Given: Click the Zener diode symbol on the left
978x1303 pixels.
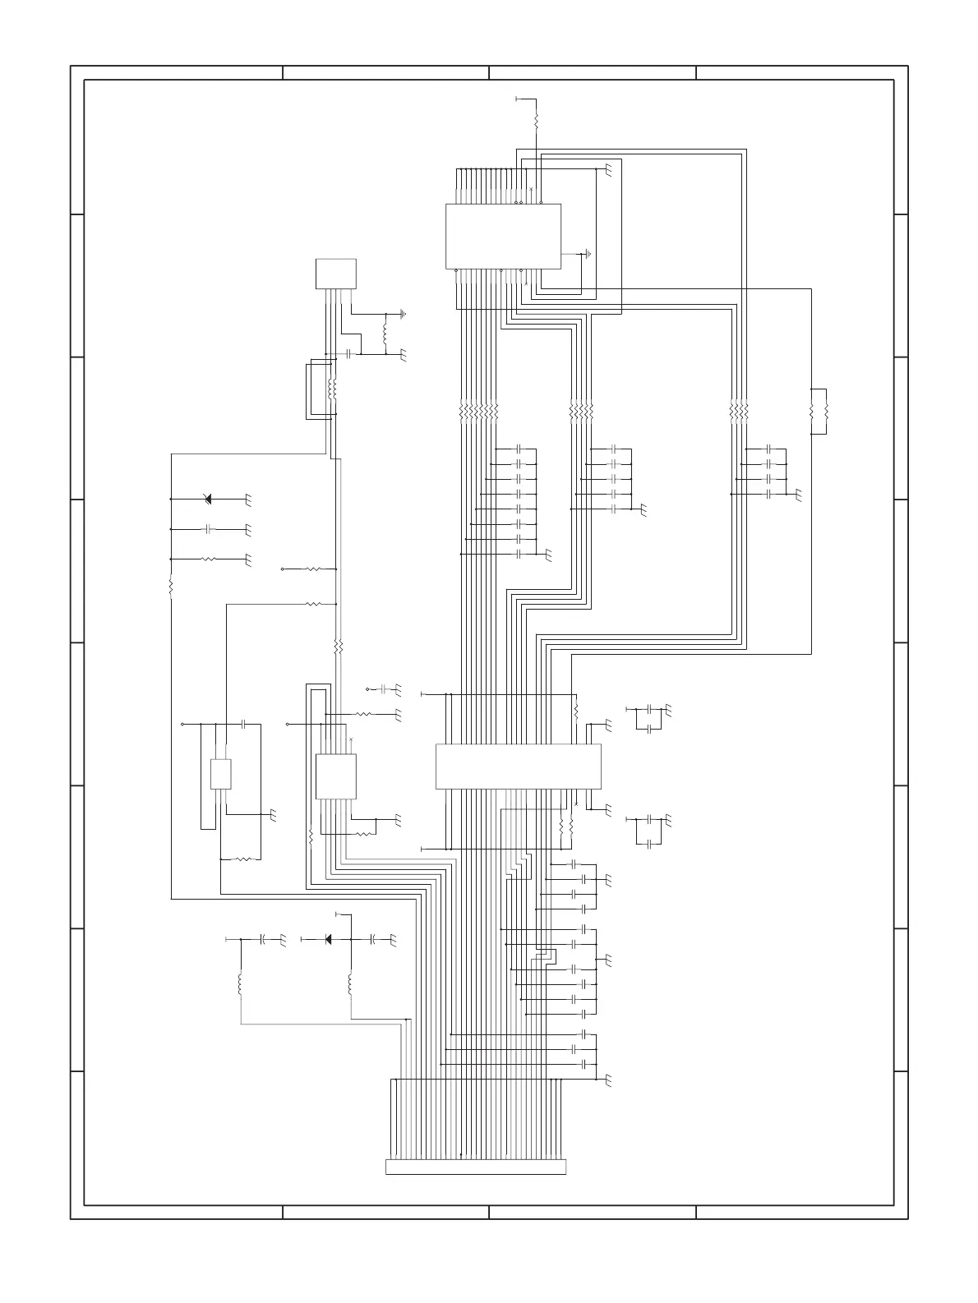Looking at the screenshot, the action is tap(207, 499).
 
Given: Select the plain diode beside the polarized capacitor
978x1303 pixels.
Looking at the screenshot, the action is tap(328, 938).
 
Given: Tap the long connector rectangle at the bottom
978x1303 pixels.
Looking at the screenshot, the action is tap(476, 1167).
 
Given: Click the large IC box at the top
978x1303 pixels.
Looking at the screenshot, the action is tap(503, 236).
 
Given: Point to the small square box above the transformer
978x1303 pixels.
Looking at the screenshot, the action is tap(336, 274).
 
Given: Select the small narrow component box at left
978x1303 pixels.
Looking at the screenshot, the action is tap(220, 775).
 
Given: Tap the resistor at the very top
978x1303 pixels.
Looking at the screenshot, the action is tap(536, 120).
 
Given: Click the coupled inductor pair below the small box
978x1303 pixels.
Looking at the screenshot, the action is tap(332, 388).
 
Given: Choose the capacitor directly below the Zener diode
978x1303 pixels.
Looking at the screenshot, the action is tap(209, 528).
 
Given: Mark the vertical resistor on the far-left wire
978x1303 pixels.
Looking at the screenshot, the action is tap(171, 587).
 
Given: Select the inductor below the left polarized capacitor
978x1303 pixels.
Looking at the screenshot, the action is tap(240, 983).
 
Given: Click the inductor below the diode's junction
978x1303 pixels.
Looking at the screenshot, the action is tap(351, 983).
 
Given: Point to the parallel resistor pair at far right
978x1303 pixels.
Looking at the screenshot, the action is tap(819, 411).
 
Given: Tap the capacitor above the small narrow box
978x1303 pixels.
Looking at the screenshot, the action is tap(244, 725).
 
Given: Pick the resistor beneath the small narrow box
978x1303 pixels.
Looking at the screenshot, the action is tap(242, 859).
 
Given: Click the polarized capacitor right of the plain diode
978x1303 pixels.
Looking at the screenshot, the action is tap(373, 938).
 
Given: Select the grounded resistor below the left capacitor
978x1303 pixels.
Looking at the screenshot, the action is tap(209, 559).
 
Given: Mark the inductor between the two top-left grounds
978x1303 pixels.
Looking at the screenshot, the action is tap(385, 334).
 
